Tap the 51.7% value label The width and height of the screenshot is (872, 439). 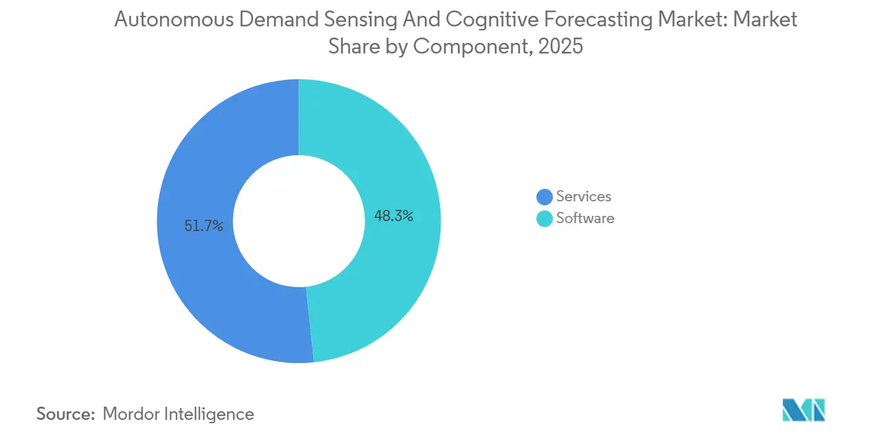point(203,226)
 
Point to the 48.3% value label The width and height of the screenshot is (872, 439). point(394,216)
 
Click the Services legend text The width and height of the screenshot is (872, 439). point(583,196)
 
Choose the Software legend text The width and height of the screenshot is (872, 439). point(585,219)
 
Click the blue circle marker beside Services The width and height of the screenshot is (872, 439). point(544,197)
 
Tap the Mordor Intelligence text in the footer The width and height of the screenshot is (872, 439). point(178,414)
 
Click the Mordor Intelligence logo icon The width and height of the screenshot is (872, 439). point(803,410)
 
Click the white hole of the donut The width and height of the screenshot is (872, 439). point(299,221)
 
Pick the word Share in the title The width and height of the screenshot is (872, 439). point(351,48)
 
